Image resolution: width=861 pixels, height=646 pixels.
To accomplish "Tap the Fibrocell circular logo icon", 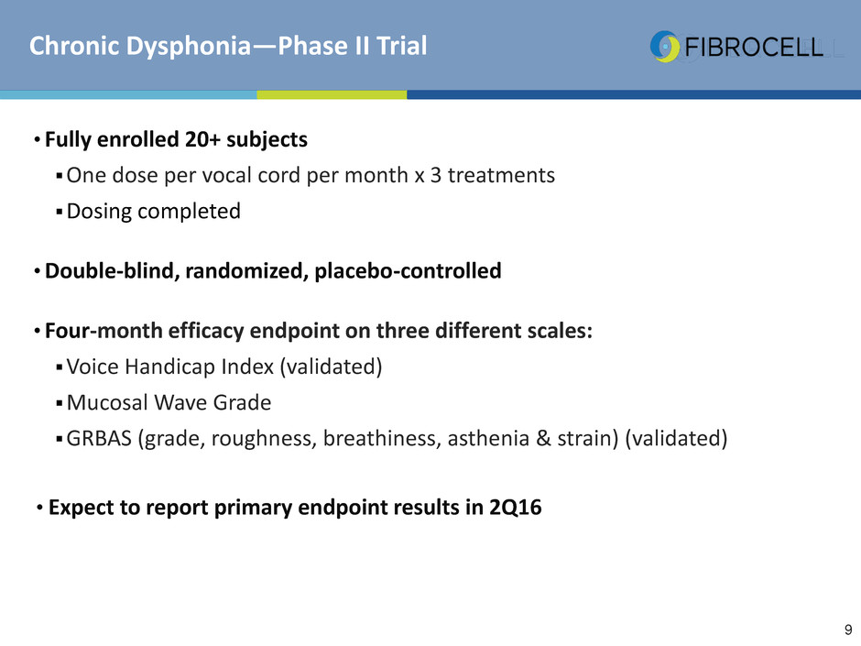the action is click(665, 46).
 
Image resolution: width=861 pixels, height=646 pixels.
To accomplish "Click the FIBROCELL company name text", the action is click(754, 48).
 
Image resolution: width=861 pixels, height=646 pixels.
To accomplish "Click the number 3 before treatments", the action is click(435, 175).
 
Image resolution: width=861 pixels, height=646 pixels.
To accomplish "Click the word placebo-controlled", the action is click(408, 271).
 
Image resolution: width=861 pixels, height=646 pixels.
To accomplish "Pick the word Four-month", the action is click(104, 331).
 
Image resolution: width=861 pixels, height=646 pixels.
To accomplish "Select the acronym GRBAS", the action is click(100, 438).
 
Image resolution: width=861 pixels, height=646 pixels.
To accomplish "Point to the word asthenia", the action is click(488, 438).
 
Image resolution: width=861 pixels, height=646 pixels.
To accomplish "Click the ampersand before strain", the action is click(543, 438).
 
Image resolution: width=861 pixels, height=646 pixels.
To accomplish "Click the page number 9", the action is click(848, 630).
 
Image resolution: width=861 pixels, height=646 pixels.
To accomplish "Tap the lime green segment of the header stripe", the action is click(332, 94).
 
